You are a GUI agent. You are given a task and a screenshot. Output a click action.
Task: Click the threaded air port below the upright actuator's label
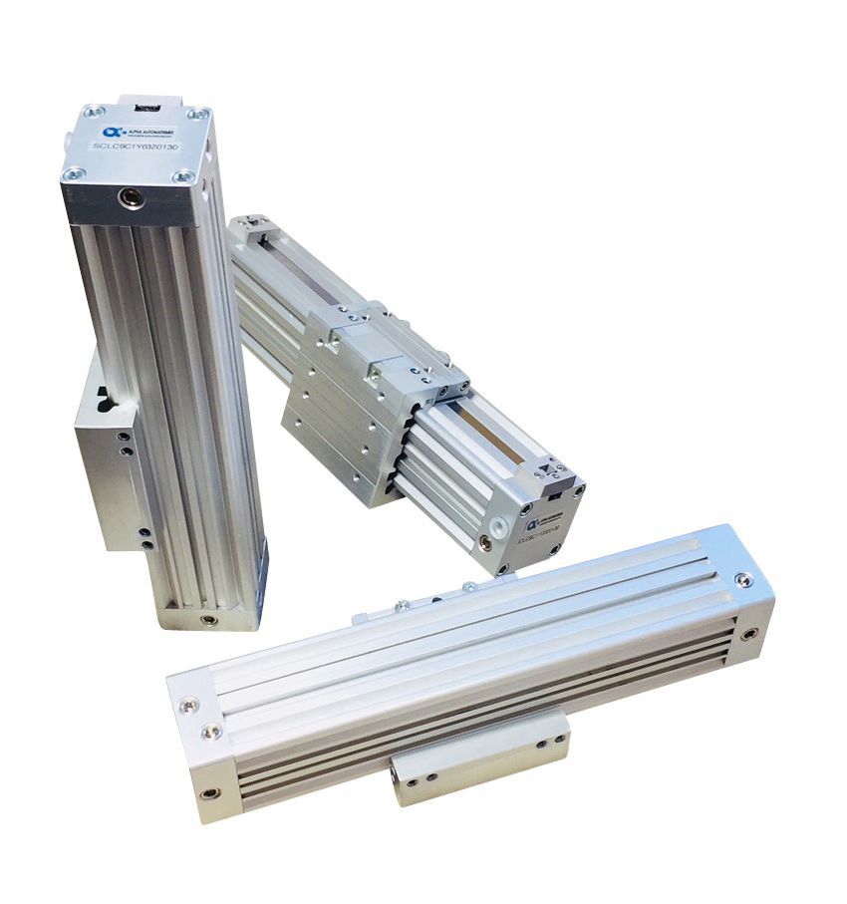(x=130, y=198)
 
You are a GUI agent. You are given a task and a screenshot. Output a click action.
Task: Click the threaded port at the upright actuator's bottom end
(x=207, y=618)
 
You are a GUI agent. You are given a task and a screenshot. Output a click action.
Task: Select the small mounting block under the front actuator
(x=478, y=761)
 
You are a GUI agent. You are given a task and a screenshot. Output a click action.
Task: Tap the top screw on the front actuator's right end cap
(x=741, y=580)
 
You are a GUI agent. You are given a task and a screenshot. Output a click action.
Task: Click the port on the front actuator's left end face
(x=207, y=794)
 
